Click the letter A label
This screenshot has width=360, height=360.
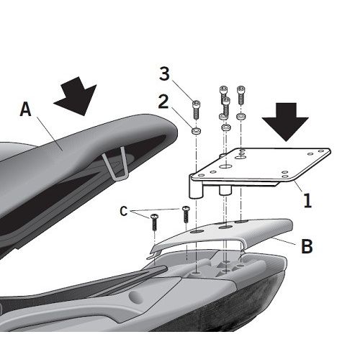26,109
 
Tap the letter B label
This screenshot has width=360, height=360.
307,246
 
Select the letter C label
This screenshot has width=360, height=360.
124,211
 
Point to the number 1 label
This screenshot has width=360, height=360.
307,200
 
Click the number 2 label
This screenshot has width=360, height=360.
163,102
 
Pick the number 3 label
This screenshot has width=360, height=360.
165,73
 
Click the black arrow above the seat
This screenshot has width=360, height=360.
76,96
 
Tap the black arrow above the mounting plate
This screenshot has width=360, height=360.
285,122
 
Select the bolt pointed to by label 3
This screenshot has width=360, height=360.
196,109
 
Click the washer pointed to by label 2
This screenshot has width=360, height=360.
196,131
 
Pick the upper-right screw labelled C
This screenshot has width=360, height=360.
186,214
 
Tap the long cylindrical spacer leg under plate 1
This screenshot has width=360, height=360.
196,186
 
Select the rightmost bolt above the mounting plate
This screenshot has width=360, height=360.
240,95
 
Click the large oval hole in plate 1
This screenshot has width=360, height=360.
225,166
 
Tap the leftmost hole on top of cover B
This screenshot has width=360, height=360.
197,231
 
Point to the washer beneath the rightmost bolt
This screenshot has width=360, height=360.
240,117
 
